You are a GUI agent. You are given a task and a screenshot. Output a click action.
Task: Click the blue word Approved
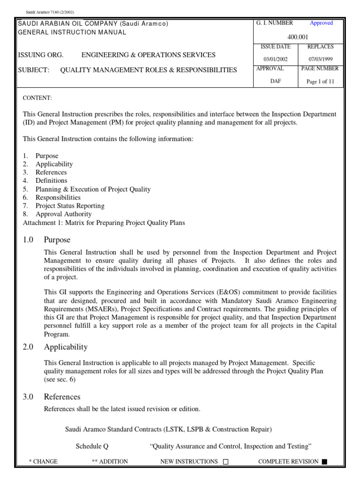tap(321, 23)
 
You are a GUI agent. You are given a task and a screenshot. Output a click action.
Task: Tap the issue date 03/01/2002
tap(275, 59)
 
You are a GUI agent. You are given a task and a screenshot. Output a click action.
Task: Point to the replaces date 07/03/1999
tap(320, 59)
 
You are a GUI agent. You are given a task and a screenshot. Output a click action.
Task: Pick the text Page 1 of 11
tap(320, 81)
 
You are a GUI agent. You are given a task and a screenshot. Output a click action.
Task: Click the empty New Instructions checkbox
tap(225, 462)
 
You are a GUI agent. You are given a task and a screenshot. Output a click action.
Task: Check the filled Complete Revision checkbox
tap(324, 462)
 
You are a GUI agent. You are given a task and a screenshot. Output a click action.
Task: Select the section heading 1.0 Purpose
tap(46, 240)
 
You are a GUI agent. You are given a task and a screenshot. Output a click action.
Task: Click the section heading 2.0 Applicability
tap(55, 347)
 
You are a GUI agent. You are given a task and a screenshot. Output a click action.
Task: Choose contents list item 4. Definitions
tap(45, 180)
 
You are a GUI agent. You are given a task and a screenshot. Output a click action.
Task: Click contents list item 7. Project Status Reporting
tap(63, 206)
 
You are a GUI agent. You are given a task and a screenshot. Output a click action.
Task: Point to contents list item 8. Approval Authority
tap(57, 214)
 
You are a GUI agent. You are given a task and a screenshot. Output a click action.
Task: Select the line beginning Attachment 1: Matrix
tap(104, 223)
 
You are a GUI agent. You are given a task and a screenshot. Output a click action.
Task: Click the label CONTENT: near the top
tap(37, 98)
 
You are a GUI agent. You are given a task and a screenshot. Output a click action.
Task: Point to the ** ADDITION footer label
tap(110, 462)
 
